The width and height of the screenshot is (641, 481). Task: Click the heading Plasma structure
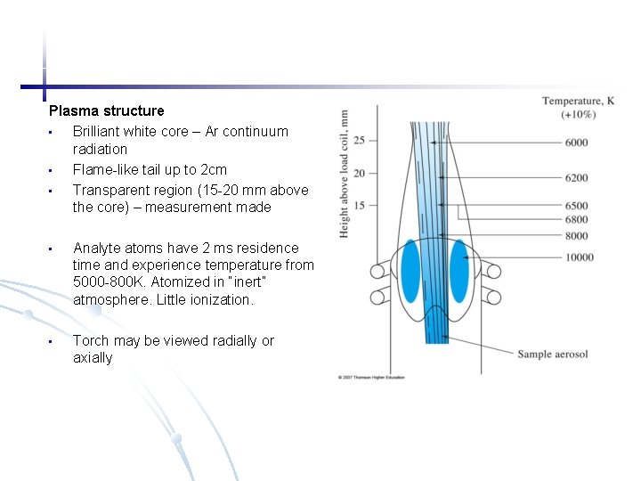coord(107,111)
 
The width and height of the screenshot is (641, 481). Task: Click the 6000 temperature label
coord(576,143)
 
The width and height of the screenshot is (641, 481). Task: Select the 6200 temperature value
coord(576,178)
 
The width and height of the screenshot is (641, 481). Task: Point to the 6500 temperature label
coord(576,206)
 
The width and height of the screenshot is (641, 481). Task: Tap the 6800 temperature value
coord(576,220)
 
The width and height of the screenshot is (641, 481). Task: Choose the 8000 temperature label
coord(576,236)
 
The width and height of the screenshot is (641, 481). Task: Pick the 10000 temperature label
coord(579,257)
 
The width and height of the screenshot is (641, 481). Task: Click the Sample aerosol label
coord(553,355)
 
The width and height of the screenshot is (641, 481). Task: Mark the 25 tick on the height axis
coord(359,140)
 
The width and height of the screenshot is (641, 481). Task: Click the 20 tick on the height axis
coord(359,173)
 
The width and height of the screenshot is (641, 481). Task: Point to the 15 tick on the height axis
coord(359,206)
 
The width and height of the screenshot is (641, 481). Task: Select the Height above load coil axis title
coord(344,174)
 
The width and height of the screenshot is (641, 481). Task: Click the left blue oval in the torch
coord(410,270)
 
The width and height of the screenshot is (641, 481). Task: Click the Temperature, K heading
coord(578,101)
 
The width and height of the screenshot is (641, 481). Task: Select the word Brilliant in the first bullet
coord(96,132)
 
